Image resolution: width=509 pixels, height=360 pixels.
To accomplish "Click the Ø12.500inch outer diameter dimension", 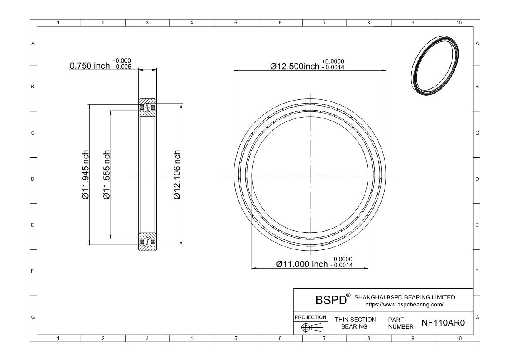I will pos(295,66).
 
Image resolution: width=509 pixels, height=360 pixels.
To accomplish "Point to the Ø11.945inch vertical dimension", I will pos(86,175).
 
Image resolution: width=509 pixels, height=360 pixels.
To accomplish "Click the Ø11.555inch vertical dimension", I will pos(107,175).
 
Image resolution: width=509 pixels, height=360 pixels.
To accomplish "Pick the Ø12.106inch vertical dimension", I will pos(177,175).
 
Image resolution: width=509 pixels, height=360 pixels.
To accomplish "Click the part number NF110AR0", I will pos(443,323).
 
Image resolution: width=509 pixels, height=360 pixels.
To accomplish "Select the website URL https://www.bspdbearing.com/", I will pos(404,305).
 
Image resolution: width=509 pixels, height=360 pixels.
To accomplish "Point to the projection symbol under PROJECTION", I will pos(311,327).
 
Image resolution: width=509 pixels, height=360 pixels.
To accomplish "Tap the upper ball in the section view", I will pos(148,108).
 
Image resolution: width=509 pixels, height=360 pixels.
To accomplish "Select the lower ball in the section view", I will pos(148,242).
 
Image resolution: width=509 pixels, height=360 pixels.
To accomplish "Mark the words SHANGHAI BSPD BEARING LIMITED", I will pos(405,297).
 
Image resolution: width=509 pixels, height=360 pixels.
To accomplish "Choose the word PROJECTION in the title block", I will pos(311,317).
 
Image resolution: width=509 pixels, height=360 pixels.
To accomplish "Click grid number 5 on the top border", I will pos(235,23).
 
